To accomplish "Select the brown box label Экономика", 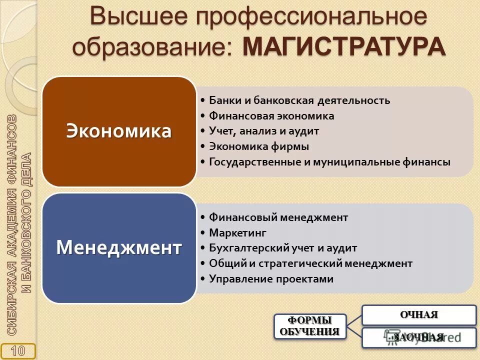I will [119, 131].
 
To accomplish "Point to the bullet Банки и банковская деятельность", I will [299, 100].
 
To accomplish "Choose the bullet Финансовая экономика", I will [271, 116].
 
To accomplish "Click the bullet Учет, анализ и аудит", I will [264, 131].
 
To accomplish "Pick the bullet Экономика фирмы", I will [258, 147].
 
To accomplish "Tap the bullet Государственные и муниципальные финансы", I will [329, 162].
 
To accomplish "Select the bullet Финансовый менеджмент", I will [278, 218].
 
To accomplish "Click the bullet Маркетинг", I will [238, 233].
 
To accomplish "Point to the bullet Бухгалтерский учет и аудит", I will [283, 248].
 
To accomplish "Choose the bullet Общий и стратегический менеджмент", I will [310, 263].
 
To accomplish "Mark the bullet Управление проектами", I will [271, 279].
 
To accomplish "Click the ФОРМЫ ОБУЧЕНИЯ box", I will [309, 326].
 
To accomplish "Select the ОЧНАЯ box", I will [418, 315].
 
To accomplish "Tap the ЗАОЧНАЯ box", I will [418, 337].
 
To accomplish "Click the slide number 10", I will [18, 351].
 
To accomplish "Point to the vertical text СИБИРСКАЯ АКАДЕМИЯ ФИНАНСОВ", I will [11, 225].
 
